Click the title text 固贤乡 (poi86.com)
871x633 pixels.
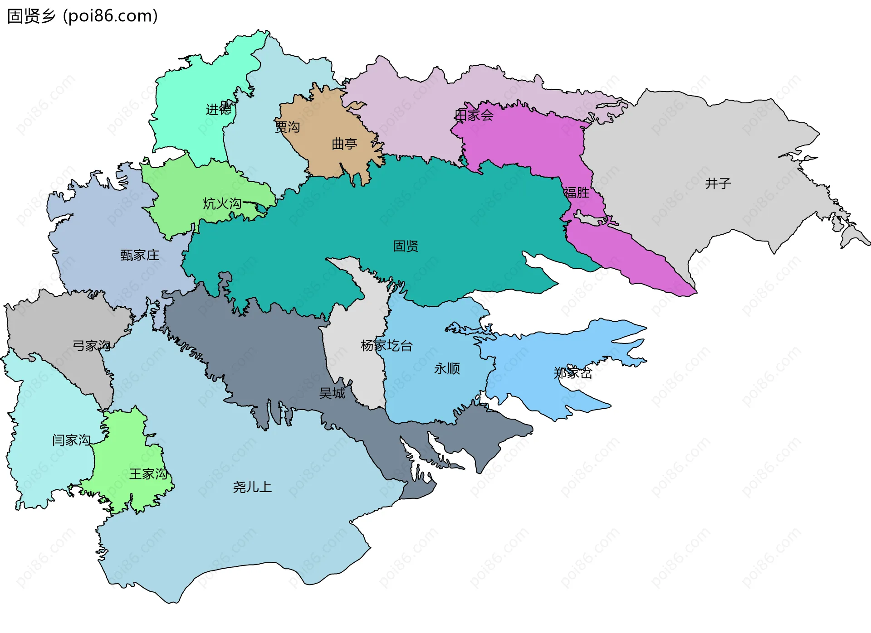click(83, 16)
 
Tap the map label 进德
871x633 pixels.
click(219, 109)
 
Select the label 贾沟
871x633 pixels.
click(288, 127)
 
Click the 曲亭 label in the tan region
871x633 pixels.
click(344, 144)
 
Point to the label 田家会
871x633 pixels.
click(474, 115)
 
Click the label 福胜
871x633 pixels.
click(577, 193)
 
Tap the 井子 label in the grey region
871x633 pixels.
click(718, 184)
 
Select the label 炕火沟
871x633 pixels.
click(222, 203)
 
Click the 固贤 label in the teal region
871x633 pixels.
click(406, 246)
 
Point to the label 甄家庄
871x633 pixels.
click(140, 255)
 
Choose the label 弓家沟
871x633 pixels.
click(92, 346)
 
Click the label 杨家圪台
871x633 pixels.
click(387, 346)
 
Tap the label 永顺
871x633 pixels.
click(447, 368)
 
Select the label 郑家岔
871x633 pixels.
click(573, 373)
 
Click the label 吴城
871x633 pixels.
click(332, 393)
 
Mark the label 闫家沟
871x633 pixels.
click(72, 440)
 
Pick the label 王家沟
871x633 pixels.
click(148, 474)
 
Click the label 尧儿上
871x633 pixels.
click(252, 487)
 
